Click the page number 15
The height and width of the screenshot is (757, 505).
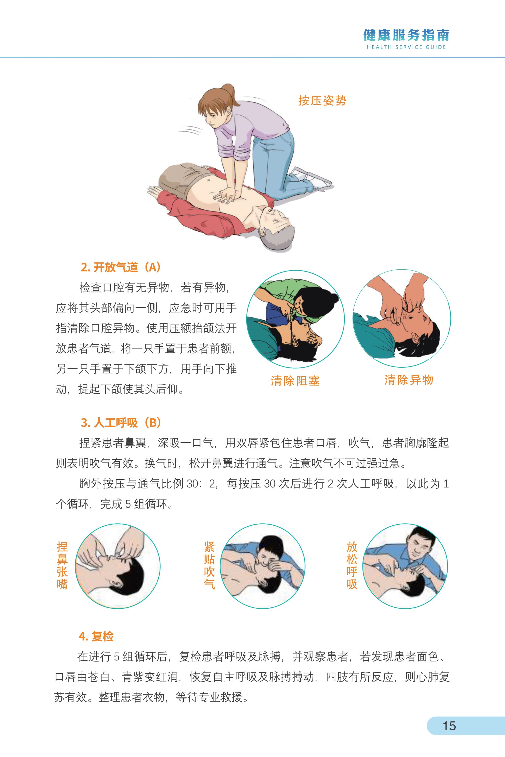(449, 725)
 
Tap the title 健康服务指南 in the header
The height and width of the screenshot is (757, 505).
(406, 35)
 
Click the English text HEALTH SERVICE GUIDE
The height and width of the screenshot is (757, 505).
(406, 47)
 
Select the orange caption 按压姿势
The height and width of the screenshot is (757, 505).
(322, 101)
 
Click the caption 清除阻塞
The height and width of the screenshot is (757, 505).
(295, 381)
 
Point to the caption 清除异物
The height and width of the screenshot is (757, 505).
(409, 380)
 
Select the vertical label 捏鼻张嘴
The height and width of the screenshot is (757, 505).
(62, 566)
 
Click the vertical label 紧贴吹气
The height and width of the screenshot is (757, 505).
(209, 566)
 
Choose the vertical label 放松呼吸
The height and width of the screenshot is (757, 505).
(352, 566)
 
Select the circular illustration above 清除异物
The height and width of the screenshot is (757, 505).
(402, 319)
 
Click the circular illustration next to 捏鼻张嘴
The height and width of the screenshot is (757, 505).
(118, 566)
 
